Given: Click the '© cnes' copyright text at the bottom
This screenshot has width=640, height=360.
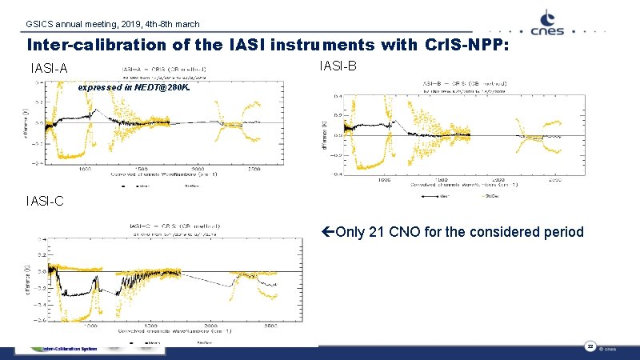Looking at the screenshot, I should click(607, 349).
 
